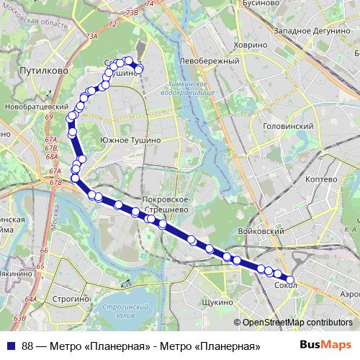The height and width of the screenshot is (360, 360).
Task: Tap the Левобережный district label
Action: [x=210, y=61]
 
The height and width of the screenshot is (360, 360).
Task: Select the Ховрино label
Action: [x=250, y=45]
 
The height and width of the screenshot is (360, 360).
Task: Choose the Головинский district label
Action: [x=289, y=125]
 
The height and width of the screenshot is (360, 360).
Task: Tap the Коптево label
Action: [x=321, y=179]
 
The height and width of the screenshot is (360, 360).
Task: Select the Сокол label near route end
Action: [x=286, y=285]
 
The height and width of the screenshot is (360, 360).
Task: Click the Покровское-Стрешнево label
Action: [x=166, y=204]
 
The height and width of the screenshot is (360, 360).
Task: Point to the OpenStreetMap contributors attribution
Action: [x=297, y=323]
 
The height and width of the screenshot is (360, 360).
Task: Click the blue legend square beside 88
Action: [x=12, y=346]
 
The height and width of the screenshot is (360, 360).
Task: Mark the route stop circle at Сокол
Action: [x=291, y=279]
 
